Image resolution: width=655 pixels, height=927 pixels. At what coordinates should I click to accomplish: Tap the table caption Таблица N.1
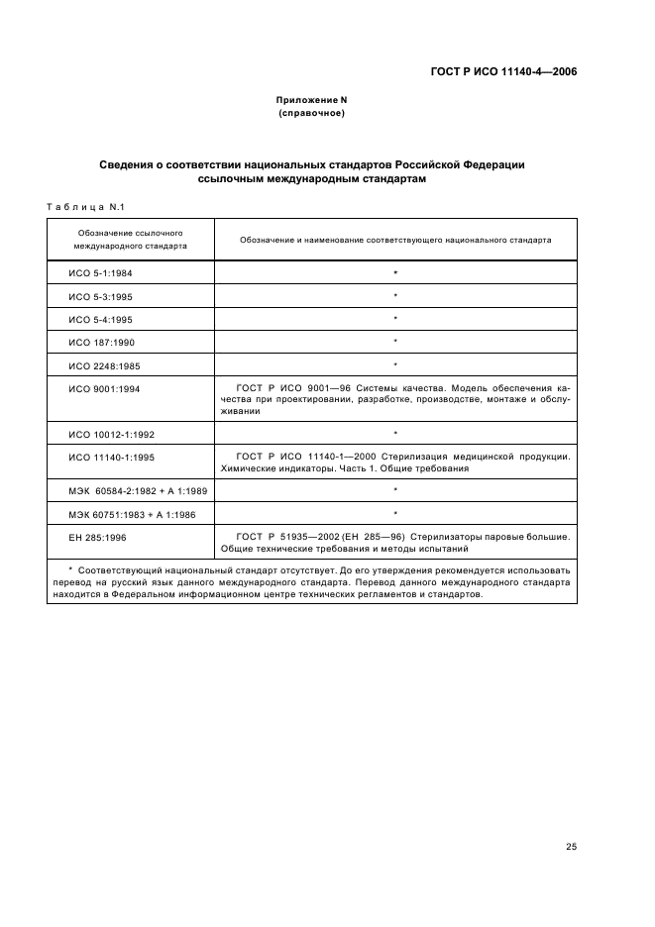(83, 206)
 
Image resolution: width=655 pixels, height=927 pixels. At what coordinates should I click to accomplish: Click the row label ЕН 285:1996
(94, 537)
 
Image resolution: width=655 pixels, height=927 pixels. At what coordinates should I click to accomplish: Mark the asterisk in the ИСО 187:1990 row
(395, 341)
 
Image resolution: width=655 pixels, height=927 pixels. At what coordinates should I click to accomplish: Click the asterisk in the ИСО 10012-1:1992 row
(395, 434)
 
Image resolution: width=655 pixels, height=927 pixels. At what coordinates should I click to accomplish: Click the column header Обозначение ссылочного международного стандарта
(131, 239)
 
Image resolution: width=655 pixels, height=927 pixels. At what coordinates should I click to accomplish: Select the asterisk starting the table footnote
(69, 571)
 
